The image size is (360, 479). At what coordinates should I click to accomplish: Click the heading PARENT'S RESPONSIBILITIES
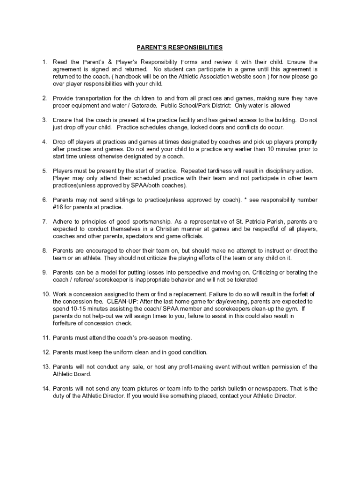180,47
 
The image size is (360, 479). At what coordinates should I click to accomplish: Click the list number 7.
44,221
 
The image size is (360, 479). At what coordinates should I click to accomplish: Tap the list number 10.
45,294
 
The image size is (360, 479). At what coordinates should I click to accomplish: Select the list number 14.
45,388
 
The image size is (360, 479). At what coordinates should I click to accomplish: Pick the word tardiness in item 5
230,171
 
